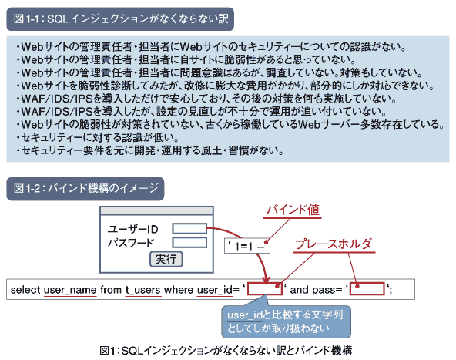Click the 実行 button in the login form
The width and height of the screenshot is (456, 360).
[x=166, y=259]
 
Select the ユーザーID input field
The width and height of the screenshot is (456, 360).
[x=189, y=228]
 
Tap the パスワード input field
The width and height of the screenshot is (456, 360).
[x=189, y=242]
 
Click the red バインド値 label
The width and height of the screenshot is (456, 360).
[x=293, y=210]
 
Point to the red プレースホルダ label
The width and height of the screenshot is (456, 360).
[x=334, y=244]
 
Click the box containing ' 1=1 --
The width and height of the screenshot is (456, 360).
[x=247, y=246]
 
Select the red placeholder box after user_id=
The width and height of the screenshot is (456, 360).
[x=265, y=289]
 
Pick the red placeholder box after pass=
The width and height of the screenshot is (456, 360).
[x=367, y=289]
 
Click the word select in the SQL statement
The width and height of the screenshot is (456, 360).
[x=25, y=290]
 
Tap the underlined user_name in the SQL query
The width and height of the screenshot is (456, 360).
[x=70, y=290]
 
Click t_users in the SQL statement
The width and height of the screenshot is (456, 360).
[x=142, y=290]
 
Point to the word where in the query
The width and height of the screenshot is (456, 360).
[x=179, y=290]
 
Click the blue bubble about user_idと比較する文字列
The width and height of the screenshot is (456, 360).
[x=287, y=321]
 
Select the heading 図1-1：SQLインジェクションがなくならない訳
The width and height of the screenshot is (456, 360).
[x=120, y=19]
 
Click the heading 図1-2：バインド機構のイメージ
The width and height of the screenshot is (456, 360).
[x=85, y=189]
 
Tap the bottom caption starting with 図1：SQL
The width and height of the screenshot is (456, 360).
[x=226, y=351]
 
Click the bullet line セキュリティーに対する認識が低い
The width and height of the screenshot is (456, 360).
[x=97, y=137]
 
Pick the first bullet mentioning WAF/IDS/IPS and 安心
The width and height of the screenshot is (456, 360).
[x=206, y=99]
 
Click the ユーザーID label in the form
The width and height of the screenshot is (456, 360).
[x=133, y=229]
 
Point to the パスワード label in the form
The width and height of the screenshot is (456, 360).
[x=131, y=243]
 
